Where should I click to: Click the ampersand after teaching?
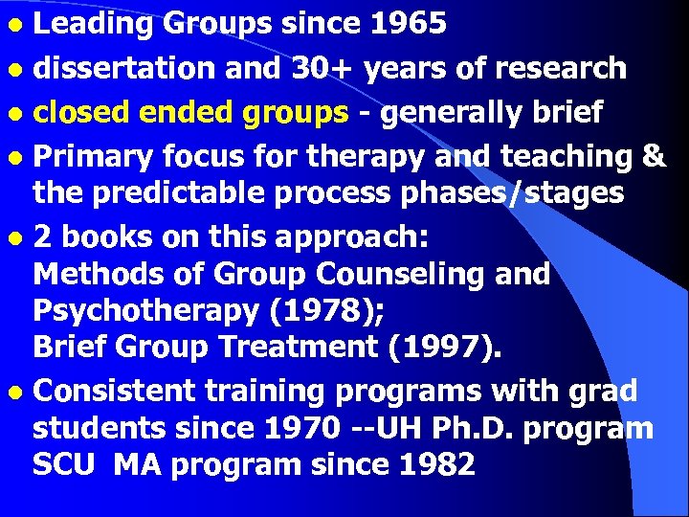pos(655,156)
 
